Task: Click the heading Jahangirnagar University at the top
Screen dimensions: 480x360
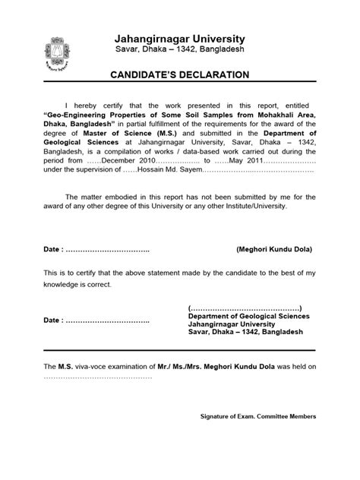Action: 179,38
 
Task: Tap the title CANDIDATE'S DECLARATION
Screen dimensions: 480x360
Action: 180,74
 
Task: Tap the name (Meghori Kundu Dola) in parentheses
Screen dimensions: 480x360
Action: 273,249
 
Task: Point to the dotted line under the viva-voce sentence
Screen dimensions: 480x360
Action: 98,376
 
